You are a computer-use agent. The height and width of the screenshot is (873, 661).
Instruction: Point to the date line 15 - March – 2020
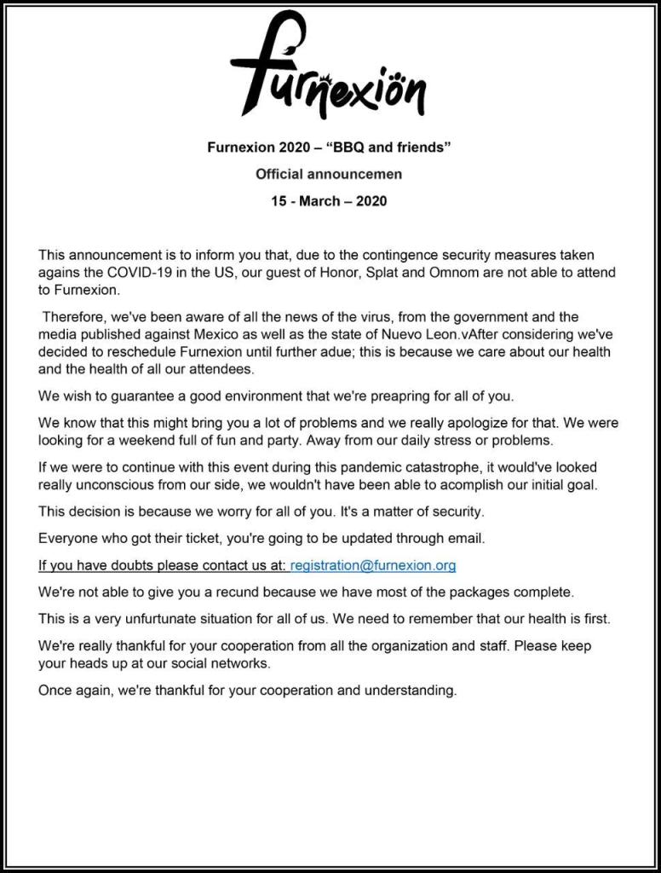pos(329,201)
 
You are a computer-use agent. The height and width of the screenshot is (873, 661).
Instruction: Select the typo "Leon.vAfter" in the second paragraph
pos(437,334)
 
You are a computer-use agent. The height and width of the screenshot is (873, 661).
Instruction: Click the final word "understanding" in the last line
pos(414,690)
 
